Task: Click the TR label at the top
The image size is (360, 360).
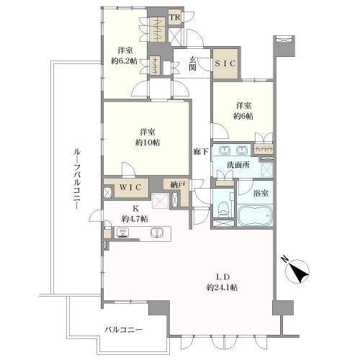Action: pyautogui.click(x=175, y=17)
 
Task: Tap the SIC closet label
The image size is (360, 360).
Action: pyautogui.click(x=225, y=63)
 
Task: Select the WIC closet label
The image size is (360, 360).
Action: pyautogui.click(x=130, y=187)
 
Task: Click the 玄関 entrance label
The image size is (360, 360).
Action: pyautogui.click(x=192, y=63)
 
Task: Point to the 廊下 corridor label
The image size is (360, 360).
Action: pyautogui.click(x=201, y=151)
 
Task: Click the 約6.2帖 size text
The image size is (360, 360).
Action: pyautogui.click(x=124, y=61)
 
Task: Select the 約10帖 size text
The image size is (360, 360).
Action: pyautogui.click(x=148, y=143)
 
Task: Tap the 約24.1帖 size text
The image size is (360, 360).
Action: pyautogui.click(x=222, y=287)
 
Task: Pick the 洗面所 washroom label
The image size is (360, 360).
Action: pyautogui.click(x=238, y=165)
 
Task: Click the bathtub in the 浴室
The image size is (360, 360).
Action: pyautogui.click(x=255, y=215)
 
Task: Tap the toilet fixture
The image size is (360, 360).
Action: pyautogui.click(x=223, y=208)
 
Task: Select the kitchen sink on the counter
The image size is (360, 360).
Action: pyautogui.click(x=157, y=233)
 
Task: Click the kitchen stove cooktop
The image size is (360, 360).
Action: pyautogui.click(x=122, y=233)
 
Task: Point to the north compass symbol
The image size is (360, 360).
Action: pyautogui.click(x=297, y=271)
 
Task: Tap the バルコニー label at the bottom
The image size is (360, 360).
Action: pyautogui.click(x=123, y=330)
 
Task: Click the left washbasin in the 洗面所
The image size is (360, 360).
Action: pyautogui.click(x=224, y=150)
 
